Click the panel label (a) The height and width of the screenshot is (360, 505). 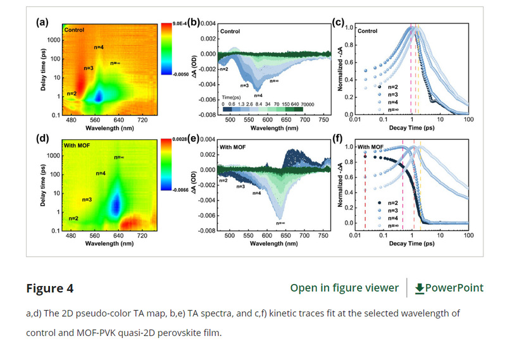[42, 23]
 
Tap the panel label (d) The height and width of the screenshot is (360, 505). [42, 140]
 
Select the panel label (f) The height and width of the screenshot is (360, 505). [339, 140]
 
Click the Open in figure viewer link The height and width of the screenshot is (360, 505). [344, 288]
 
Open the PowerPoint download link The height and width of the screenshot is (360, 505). [449, 288]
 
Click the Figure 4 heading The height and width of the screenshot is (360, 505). [49, 289]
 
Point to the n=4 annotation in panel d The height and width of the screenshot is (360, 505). [101, 173]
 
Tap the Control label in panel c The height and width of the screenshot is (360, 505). [367, 30]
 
